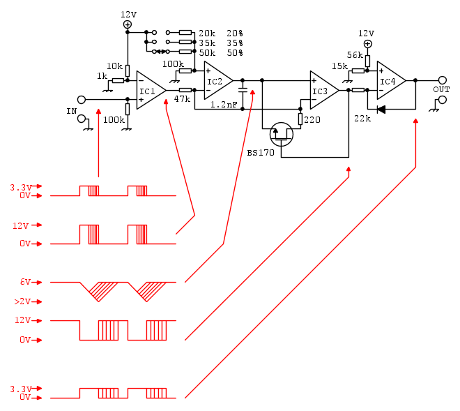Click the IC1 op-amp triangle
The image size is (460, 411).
[150, 91]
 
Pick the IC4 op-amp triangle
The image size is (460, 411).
[390, 80]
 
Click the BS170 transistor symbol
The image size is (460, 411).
[281, 134]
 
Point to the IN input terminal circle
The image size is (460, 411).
[82, 100]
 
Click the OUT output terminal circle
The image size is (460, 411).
[442, 80]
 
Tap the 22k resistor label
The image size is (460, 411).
[362, 119]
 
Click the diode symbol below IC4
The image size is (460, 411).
[381, 109]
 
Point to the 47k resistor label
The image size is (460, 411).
[182, 100]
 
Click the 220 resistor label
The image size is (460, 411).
[312, 119]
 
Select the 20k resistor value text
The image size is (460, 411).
[207, 33]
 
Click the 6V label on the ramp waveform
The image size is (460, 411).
[26, 282]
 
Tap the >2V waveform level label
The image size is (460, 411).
[23, 301]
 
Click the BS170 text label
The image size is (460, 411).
[260, 151]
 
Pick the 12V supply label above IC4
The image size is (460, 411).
[366, 33]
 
